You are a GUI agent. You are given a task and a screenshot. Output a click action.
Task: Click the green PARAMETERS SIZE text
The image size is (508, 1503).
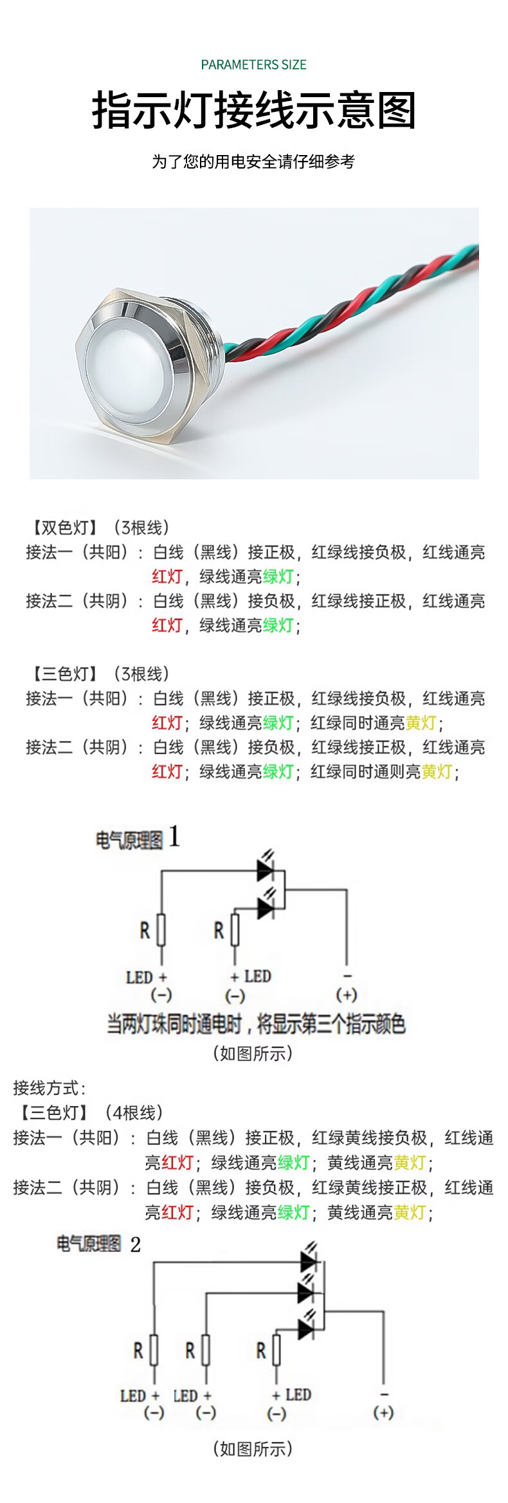click(x=253, y=64)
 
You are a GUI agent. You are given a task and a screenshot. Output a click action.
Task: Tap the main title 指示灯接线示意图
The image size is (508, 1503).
click(x=254, y=110)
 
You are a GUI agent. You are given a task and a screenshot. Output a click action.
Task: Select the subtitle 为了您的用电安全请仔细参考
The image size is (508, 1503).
click(x=253, y=161)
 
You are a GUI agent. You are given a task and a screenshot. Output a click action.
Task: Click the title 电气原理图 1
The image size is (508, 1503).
click(x=138, y=838)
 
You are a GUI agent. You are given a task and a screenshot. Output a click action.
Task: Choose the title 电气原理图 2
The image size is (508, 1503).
click(x=98, y=1244)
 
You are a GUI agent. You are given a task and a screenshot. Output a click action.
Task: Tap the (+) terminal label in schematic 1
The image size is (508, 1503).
click(x=347, y=995)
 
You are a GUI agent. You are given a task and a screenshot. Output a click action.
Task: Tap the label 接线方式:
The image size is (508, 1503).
click(x=50, y=1088)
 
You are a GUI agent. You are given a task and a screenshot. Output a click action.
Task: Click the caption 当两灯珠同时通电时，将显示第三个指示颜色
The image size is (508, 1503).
click(x=256, y=1024)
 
